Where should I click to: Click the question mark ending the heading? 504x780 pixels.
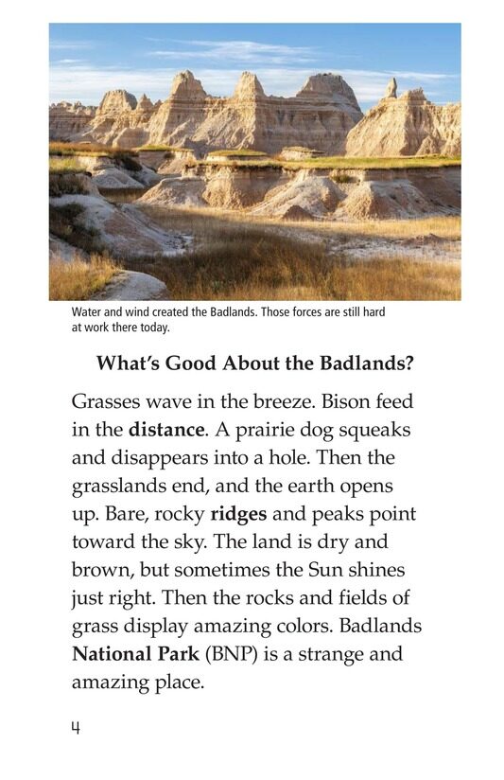[x=417, y=364]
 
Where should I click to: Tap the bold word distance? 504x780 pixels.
[x=165, y=429]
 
